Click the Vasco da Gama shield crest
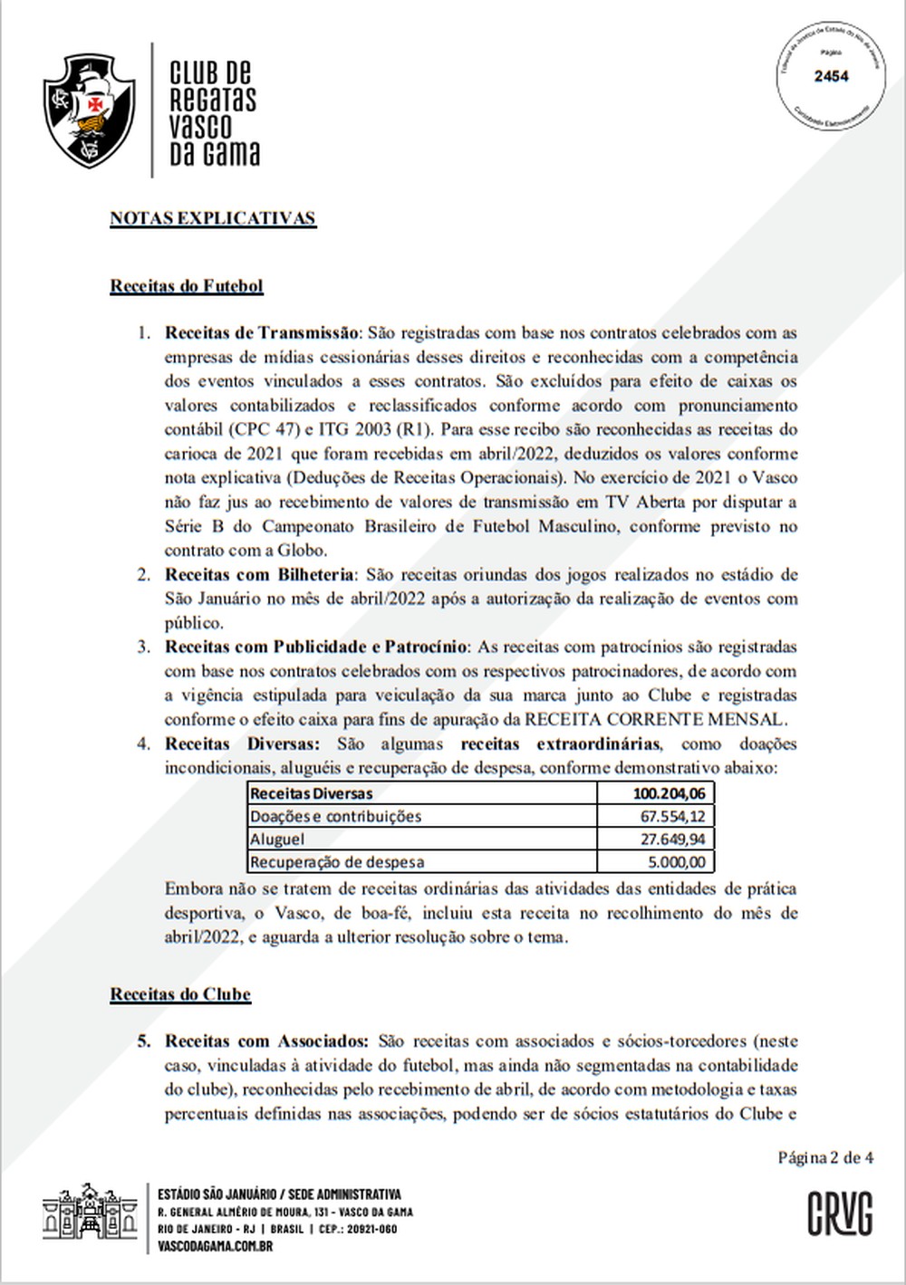coord(89,110)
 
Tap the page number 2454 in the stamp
coord(831,76)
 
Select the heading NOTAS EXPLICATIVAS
coord(213,218)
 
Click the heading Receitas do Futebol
coord(187,286)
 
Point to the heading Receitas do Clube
coord(180,993)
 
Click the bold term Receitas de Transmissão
coord(262,332)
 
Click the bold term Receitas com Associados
coord(266,1041)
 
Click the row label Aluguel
coord(277,839)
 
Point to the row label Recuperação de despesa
coord(337,862)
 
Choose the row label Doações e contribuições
coord(335,817)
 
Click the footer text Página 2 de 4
coord(825,1157)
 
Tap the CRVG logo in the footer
coord(840,1214)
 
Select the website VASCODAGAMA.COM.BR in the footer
coord(215,1245)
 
